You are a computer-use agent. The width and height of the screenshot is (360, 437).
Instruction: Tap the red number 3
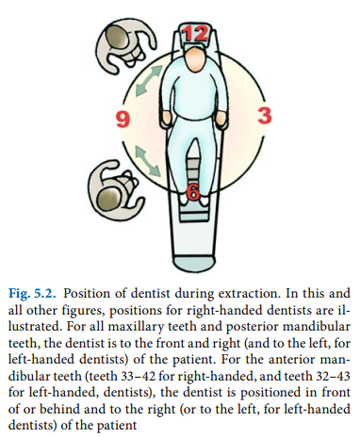(x=263, y=117)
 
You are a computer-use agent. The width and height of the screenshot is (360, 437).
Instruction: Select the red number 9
(x=121, y=119)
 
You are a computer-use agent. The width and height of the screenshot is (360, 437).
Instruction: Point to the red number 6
(x=192, y=193)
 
